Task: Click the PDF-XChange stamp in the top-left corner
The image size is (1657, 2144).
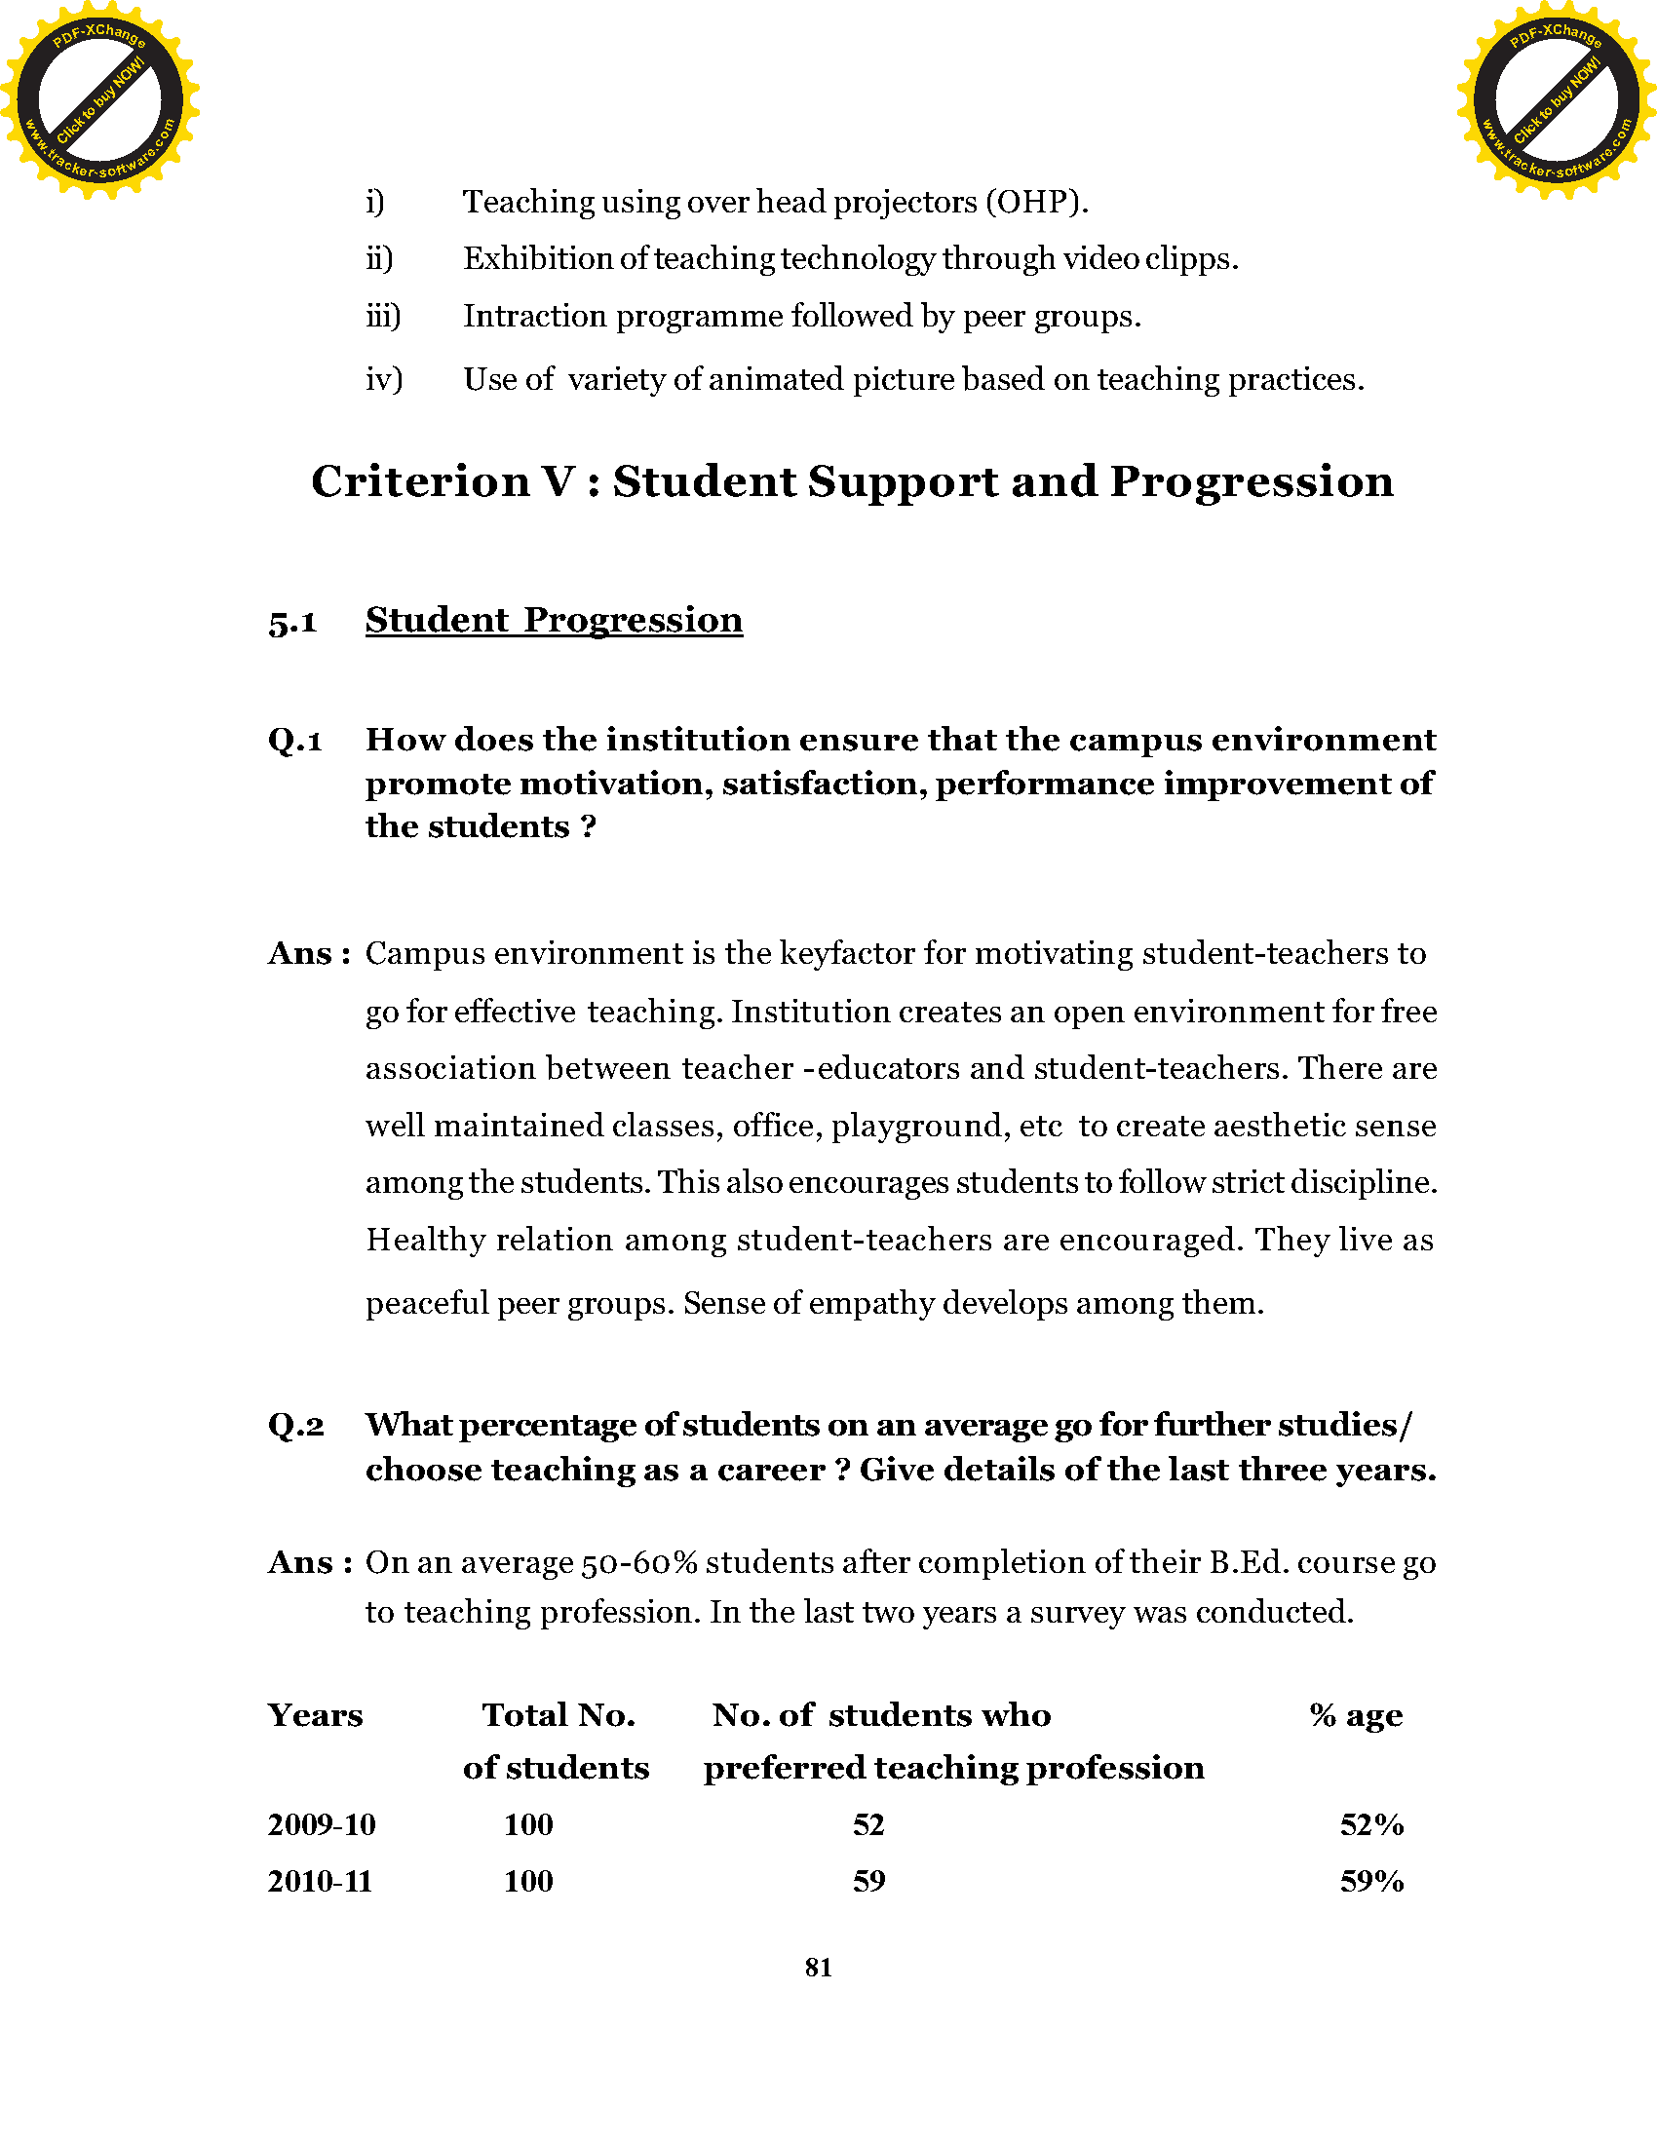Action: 99,99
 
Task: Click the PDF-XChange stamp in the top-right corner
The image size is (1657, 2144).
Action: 1556,99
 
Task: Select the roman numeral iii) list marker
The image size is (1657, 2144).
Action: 383,316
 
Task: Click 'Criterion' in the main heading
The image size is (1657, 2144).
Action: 420,482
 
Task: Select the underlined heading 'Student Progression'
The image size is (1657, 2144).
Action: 554,621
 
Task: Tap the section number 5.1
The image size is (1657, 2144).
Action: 292,623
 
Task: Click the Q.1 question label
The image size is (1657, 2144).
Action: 295,741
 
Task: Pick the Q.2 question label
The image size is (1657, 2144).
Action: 295,1426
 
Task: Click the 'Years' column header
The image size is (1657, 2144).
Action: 315,1715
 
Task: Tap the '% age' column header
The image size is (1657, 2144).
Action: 1356,1715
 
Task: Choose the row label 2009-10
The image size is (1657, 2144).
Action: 321,1825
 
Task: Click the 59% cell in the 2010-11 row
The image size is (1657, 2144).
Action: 1371,1882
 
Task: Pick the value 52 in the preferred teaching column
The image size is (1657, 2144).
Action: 868,1825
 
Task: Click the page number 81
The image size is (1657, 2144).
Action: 819,1968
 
